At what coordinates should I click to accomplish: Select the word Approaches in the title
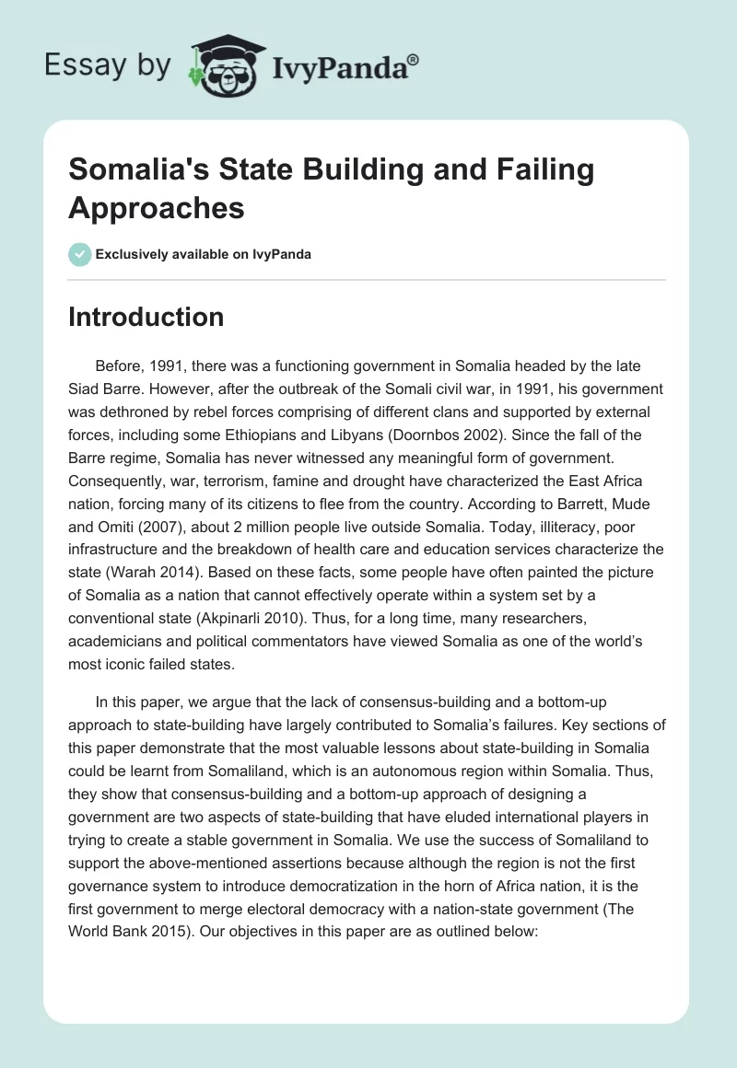click(157, 208)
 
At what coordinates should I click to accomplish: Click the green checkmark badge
click(79, 254)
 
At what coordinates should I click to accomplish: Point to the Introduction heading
click(146, 317)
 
